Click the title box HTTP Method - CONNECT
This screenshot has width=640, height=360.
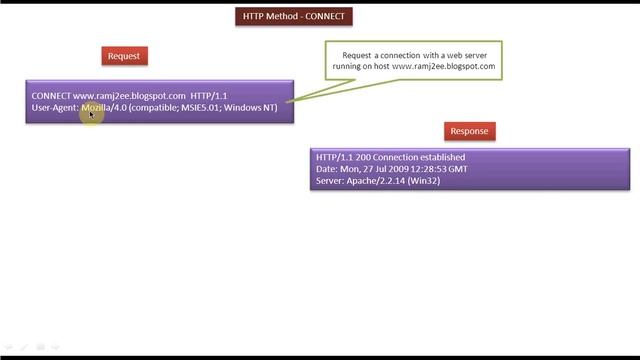click(296, 16)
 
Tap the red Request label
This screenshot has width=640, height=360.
click(124, 56)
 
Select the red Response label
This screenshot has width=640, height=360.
click(469, 131)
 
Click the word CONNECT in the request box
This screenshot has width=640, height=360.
click(51, 96)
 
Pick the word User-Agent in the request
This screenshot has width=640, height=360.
click(55, 107)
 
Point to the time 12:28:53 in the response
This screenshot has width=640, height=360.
click(431, 168)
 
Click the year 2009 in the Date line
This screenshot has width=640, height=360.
click(395, 168)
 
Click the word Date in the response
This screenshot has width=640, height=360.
click(326, 168)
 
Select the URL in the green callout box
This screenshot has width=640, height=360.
click(444, 66)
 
